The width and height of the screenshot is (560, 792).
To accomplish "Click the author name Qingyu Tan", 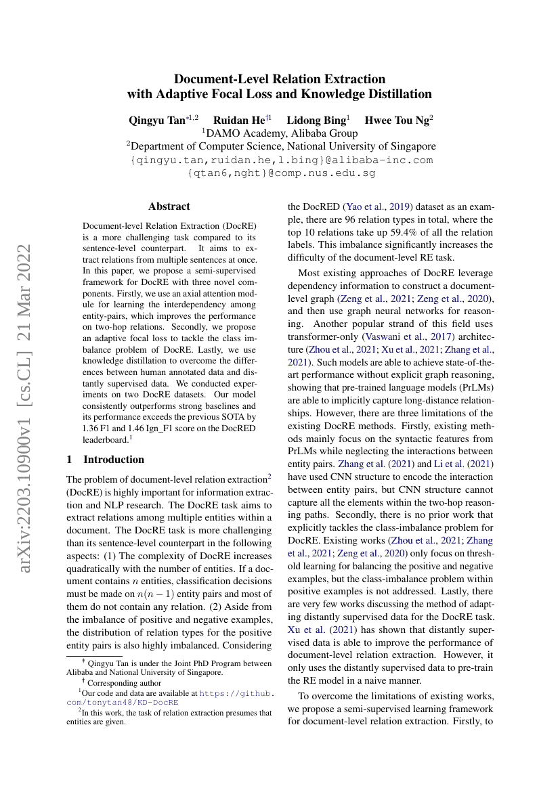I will point(156,120).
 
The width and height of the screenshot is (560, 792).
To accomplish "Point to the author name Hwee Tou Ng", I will point(396,120).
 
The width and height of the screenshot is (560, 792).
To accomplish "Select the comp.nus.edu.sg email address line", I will point(280,173).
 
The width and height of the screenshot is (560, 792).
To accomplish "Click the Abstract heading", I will point(169,206).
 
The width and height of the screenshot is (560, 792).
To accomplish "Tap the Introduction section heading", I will point(113,460).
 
